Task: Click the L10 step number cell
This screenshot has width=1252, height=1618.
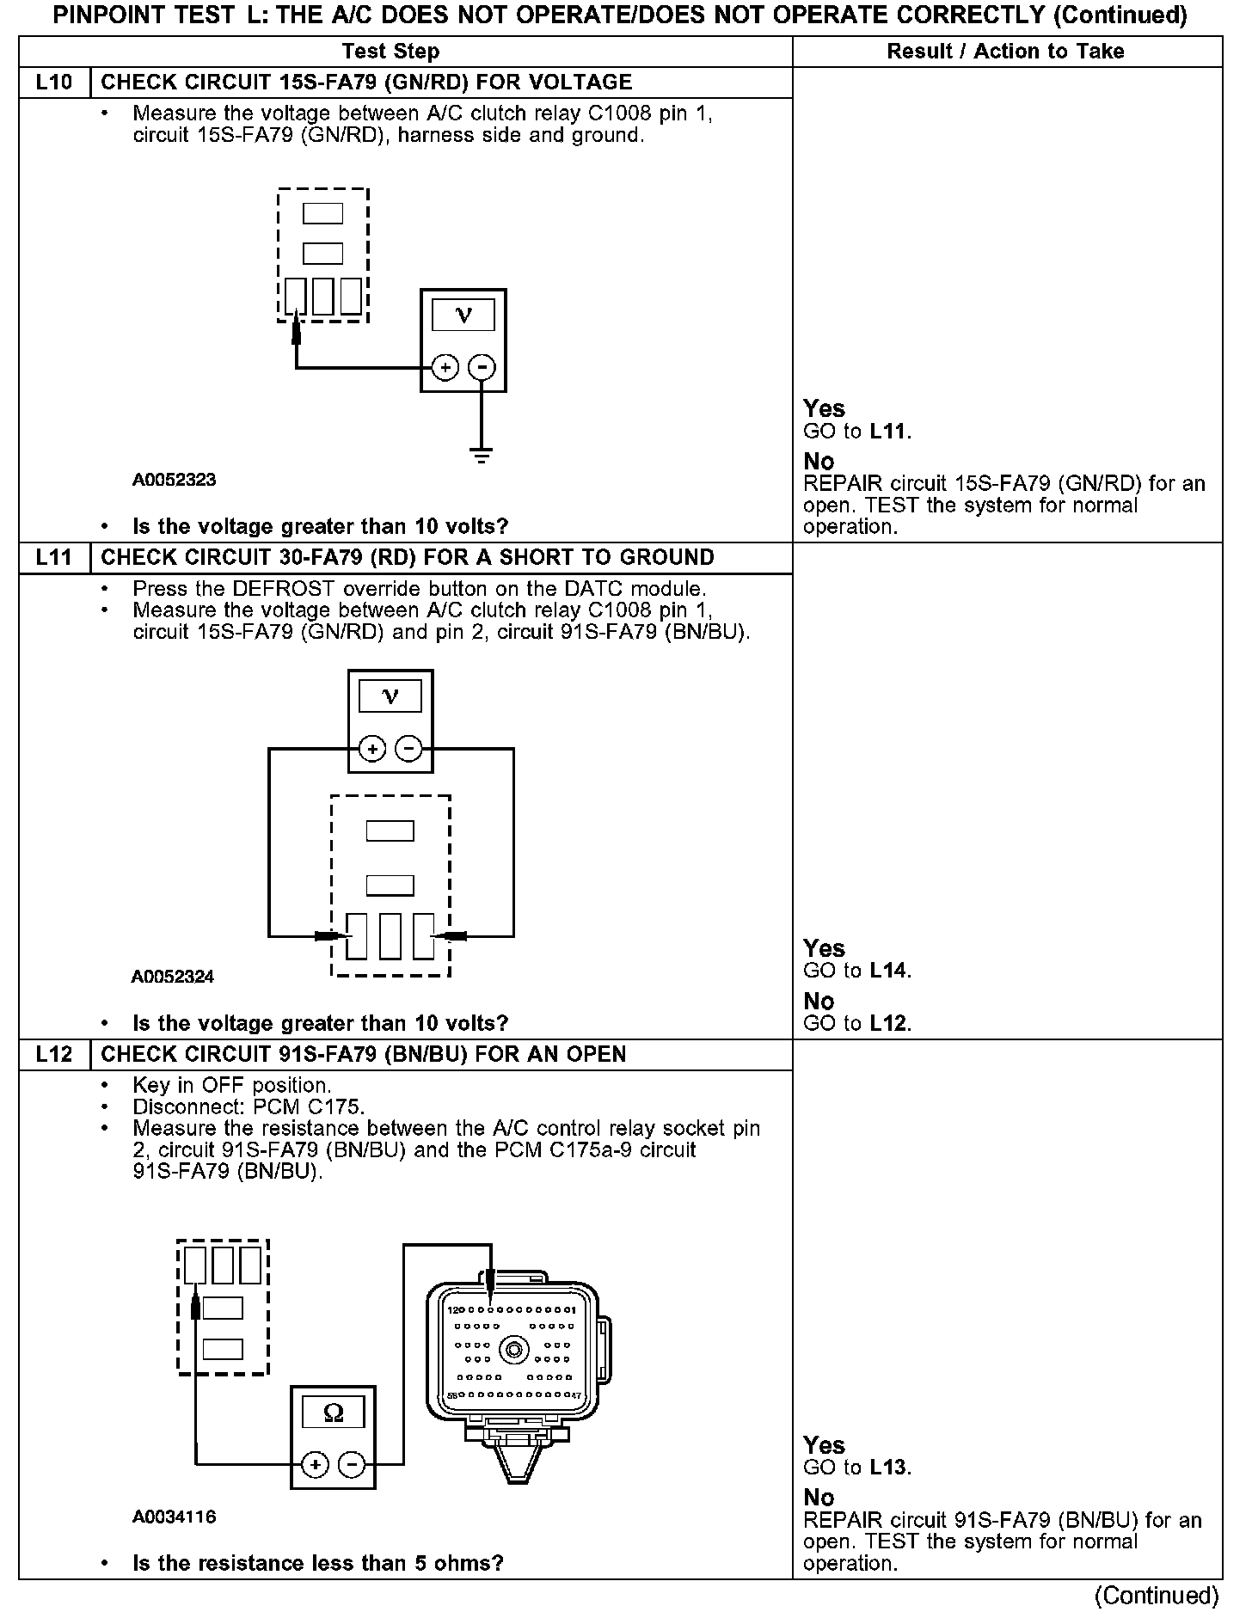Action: (x=53, y=83)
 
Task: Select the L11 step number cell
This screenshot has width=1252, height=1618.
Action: (x=53, y=557)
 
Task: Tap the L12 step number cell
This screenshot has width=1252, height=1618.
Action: (x=53, y=1054)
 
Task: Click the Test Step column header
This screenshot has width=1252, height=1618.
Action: (x=390, y=52)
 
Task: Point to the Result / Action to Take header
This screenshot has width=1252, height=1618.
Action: (x=1005, y=52)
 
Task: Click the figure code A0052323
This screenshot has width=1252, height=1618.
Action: (x=174, y=480)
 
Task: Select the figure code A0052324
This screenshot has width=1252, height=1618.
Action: (x=173, y=977)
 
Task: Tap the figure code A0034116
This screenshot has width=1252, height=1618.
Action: (x=174, y=1517)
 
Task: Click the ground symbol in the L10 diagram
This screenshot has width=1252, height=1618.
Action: (x=482, y=456)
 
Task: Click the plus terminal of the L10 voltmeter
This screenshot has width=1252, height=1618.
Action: (x=445, y=368)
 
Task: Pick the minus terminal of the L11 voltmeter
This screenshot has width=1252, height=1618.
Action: (x=408, y=750)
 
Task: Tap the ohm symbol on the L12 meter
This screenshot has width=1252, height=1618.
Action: (x=333, y=1413)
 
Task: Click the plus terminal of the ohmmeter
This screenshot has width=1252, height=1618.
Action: (x=315, y=1465)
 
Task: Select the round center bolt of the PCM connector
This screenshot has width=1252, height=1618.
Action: (x=514, y=1351)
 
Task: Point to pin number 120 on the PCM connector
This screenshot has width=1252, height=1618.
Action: (x=456, y=1310)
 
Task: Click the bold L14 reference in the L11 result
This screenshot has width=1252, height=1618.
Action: (x=889, y=971)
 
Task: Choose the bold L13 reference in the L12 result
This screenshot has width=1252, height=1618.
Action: (x=889, y=1468)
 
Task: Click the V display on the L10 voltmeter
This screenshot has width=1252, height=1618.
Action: (x=463, y=316)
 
